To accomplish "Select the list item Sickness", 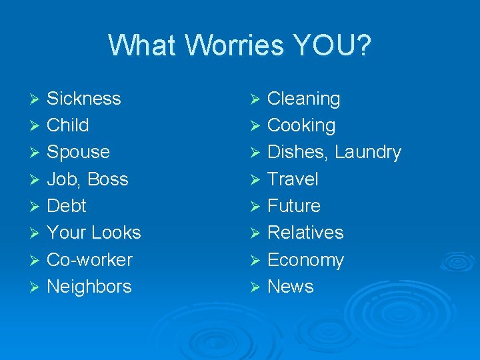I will pyautogui.click(x=84, y=99).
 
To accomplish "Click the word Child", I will pyautogui.click(x=68, y=125).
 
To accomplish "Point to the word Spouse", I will pyautogui.click(x=79, y=152).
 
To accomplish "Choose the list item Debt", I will pyautogui.click(x=67, y=205).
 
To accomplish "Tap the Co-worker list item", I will pyautogui.click(x=90, y=259).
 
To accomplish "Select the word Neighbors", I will pyautogui.click(x=89, y=287).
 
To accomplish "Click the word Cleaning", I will pyautogui.click(x=303, y=99).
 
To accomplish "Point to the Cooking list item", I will pyautogui.click(x=301, y=125).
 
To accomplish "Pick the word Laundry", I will pyautogui.click(x=368, y=153).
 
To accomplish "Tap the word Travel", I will pyautogui.click(x=293, y=179).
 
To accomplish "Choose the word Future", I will pyautogui.click(x=293, y=205).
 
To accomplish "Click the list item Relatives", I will pyautogui.click(x=305, y=233).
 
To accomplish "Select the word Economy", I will pyautogui.click(x=305, y=260).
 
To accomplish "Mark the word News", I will pyautogui.click(x=290, y=287).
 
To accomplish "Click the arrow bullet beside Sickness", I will pyautogui.click(x=35, y=99).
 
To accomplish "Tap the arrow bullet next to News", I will pyautogui.click(x=254, y=287).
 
